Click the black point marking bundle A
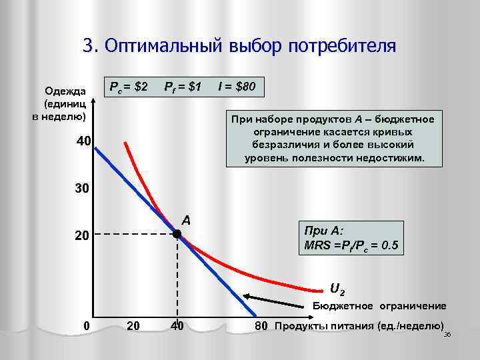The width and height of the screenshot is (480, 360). [x=177, y=234]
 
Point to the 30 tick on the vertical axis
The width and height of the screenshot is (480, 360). [x=83, y=189]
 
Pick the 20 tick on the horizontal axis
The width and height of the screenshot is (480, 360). [x=133, y=326]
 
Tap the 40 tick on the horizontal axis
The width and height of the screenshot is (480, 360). [x=177, y=326]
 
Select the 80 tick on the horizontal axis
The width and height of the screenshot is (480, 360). [x=260, y=326]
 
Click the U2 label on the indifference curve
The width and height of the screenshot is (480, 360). [x=337, y=289]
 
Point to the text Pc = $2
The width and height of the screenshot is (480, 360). [x=128, y=87]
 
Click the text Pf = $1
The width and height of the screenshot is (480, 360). [x=183, y=87]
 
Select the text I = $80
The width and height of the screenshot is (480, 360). [x=237, y=87]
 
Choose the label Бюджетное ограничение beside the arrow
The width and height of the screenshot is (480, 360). [x=379, y=305]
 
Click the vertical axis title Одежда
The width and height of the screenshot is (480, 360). [x=64, y=91]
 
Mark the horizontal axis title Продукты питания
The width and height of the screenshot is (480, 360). [x=359, y=325]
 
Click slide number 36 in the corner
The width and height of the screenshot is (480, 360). [x=447, y=333]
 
